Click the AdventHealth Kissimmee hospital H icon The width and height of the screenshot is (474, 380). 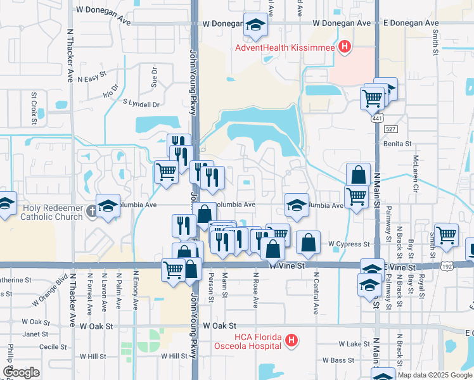pos(344,46)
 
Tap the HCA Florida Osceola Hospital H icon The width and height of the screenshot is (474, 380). pos(291,341)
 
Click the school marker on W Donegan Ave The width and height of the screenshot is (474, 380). pos(255,25)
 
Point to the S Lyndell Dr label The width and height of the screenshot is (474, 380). pos(141,103)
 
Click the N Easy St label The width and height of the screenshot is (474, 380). pos(91,79)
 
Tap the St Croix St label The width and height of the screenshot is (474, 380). pos(34,101)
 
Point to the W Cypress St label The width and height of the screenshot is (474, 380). pos(349,244)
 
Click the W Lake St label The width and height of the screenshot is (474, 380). pos(354,344)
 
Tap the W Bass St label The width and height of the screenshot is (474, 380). pos(353,360)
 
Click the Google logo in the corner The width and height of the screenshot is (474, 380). pos(22,372)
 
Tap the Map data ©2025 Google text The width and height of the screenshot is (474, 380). pos(435,375)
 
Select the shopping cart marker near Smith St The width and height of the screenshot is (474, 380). pos(447,234)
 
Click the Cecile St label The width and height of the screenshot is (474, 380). pos(53,346)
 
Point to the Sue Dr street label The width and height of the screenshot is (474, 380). pos(153,79)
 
